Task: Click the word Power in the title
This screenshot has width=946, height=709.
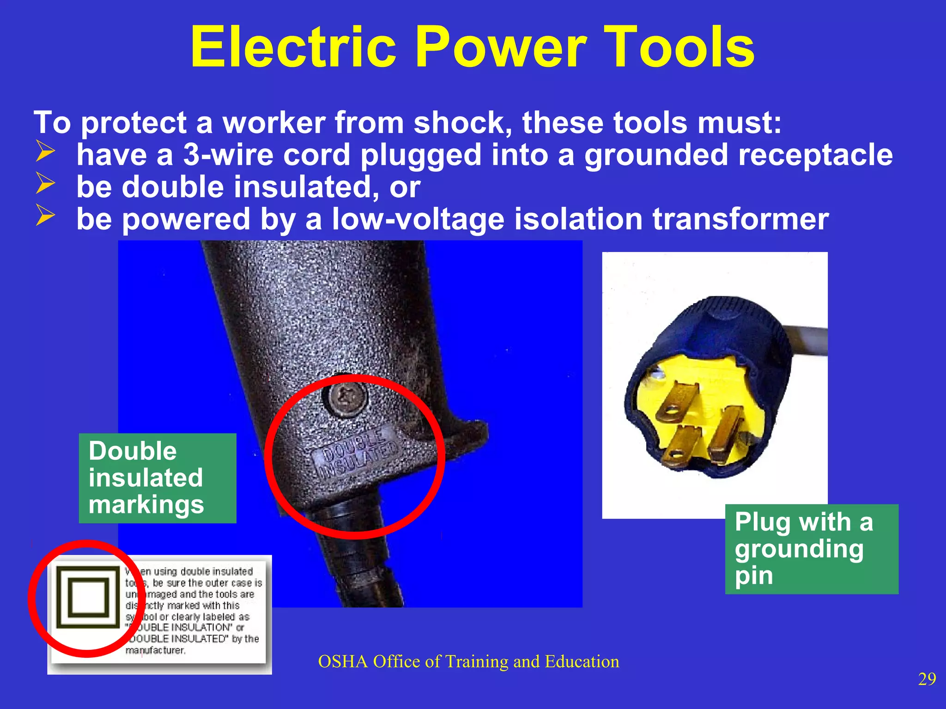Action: [501, 47]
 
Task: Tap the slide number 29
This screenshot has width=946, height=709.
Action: [927, 679]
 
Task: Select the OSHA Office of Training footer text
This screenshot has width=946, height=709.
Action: [468, 661]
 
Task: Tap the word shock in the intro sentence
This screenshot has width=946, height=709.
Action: [462, 123]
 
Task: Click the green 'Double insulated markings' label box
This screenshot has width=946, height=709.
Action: [157, 478]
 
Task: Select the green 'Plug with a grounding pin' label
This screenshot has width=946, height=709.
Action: [811, 549]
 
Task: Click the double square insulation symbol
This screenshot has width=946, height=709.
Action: [88, 597]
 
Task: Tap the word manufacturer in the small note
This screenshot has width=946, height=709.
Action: [155, 650]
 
